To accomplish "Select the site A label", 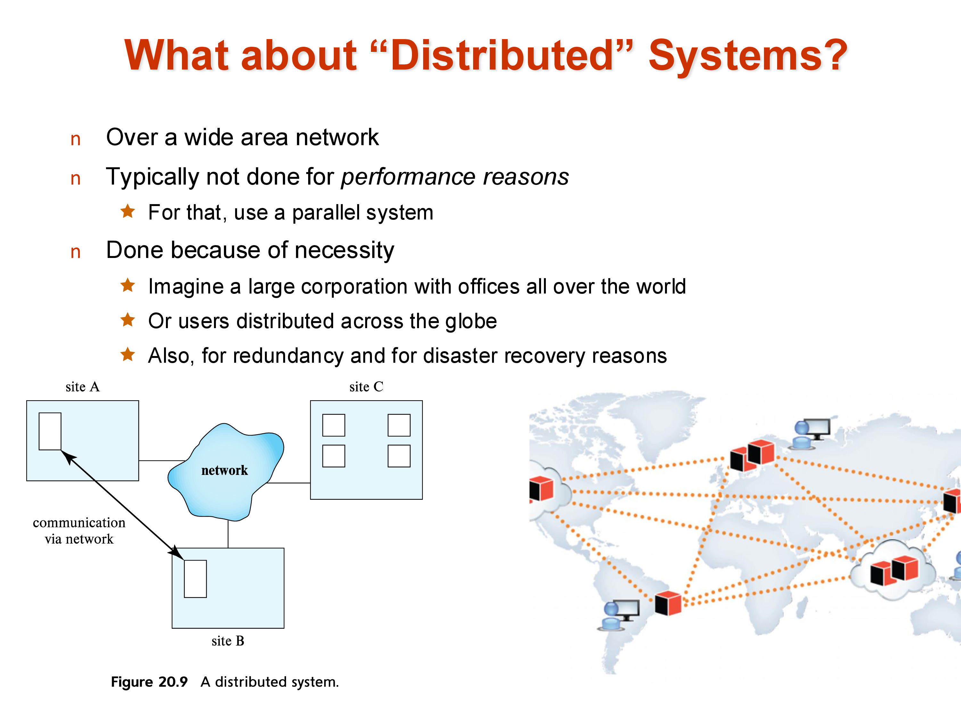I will (x=83, y=386).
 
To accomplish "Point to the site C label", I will (x=366, y=386).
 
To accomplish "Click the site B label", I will (x=228, y=641).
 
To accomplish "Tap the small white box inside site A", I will (x=50, y=431).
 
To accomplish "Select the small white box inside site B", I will (x=195, y=578).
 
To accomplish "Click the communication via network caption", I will (x=79, y=530).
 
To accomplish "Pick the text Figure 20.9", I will (x=149, y=682).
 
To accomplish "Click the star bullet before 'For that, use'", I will (x=128, y=211).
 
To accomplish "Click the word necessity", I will (x=343, y=250).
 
